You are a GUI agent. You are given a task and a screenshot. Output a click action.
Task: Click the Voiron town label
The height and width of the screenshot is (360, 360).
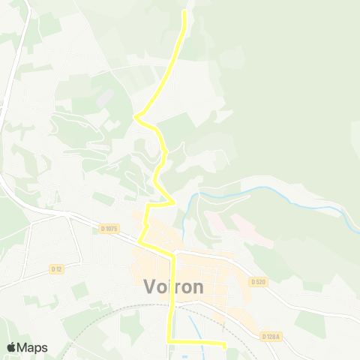(x=173, y=287)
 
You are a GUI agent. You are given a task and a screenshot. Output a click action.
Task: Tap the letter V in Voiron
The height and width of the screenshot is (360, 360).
(x=148, y=287)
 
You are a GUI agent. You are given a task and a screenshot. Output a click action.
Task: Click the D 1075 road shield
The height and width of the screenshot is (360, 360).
(x=109, y=229)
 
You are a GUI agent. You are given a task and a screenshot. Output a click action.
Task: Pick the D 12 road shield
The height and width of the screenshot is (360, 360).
(x=56, y=268)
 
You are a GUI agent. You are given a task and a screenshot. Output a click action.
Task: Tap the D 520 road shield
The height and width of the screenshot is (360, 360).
(x=258, y=282)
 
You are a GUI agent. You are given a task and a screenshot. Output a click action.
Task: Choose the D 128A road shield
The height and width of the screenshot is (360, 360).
(x=271, y=336)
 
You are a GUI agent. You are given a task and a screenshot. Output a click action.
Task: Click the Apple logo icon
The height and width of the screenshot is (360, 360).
(x=11, y=347)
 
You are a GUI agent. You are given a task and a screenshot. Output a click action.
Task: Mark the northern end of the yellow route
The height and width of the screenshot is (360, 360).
(x=185, y=12)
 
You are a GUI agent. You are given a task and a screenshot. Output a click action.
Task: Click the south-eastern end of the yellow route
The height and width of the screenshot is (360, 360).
(x=224, y=344)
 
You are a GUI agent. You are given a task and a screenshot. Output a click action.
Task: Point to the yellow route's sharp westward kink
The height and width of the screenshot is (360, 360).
(x=136, y=116)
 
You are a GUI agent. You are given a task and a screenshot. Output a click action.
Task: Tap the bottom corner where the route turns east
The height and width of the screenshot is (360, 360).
(x=168, y=342)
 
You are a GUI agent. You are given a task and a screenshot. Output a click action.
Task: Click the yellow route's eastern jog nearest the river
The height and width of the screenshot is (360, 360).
(x=174, y=202)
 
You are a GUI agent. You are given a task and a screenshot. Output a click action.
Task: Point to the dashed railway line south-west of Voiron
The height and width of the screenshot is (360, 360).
(x=90, y=314)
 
